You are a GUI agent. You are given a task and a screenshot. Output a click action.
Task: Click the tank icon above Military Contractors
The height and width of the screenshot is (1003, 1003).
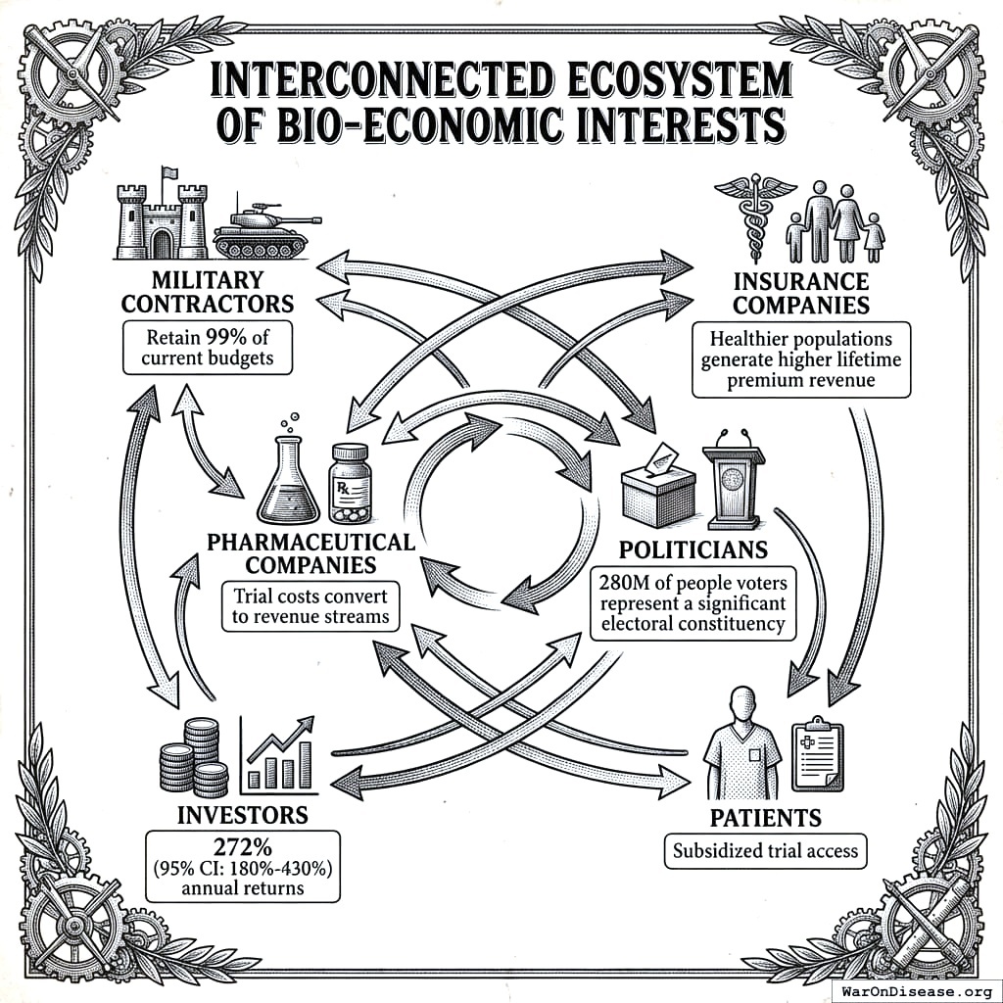(x=263, y=231)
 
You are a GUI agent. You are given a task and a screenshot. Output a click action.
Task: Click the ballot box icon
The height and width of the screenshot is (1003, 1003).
(x=658, y=484)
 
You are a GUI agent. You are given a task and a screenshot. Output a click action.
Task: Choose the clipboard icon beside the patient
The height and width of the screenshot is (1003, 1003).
(x=816, y=753)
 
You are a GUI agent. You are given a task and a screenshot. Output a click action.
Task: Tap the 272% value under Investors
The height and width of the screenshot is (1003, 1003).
(x=242, y=848)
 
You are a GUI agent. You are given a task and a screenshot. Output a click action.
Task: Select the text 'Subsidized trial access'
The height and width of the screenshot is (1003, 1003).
(x=765, y=851)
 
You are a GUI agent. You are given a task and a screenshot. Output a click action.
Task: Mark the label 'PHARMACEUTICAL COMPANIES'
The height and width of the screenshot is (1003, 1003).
(x=310, y=553)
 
